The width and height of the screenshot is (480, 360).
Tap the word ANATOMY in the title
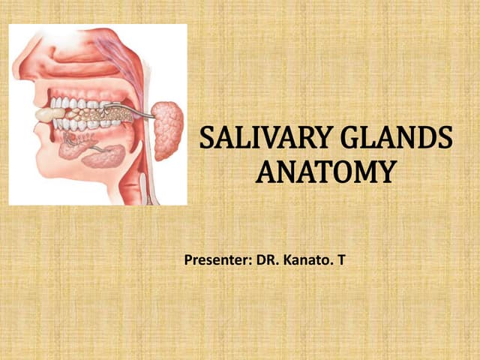[x=324, y=172]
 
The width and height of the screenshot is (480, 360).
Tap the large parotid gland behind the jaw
[x=166, y=130]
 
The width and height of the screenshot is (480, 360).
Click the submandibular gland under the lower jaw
[x=104, y=156]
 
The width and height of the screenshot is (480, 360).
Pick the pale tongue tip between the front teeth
[x=49, y=114]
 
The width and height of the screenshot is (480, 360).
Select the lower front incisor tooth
[x=55, y=124]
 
